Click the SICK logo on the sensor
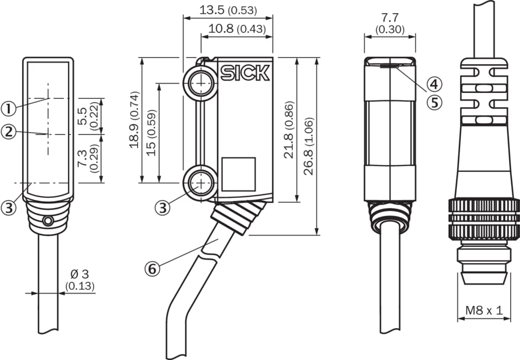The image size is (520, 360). tap(245, 73)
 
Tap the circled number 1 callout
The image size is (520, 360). tap(8, 109)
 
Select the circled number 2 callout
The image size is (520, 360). tap(8, 132)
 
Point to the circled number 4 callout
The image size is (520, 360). tap(434, 84)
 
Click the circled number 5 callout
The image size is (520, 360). tap(434, 102)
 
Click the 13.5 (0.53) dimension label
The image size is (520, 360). tap(227, 11)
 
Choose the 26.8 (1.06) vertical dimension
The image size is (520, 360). tap(309, 146)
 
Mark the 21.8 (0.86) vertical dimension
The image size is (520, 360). tap(289, 131)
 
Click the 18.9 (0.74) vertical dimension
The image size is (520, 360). tap(134, 119)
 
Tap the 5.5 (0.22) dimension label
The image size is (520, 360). tap(88, 116)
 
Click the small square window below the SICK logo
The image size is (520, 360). tap(238, 174)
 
